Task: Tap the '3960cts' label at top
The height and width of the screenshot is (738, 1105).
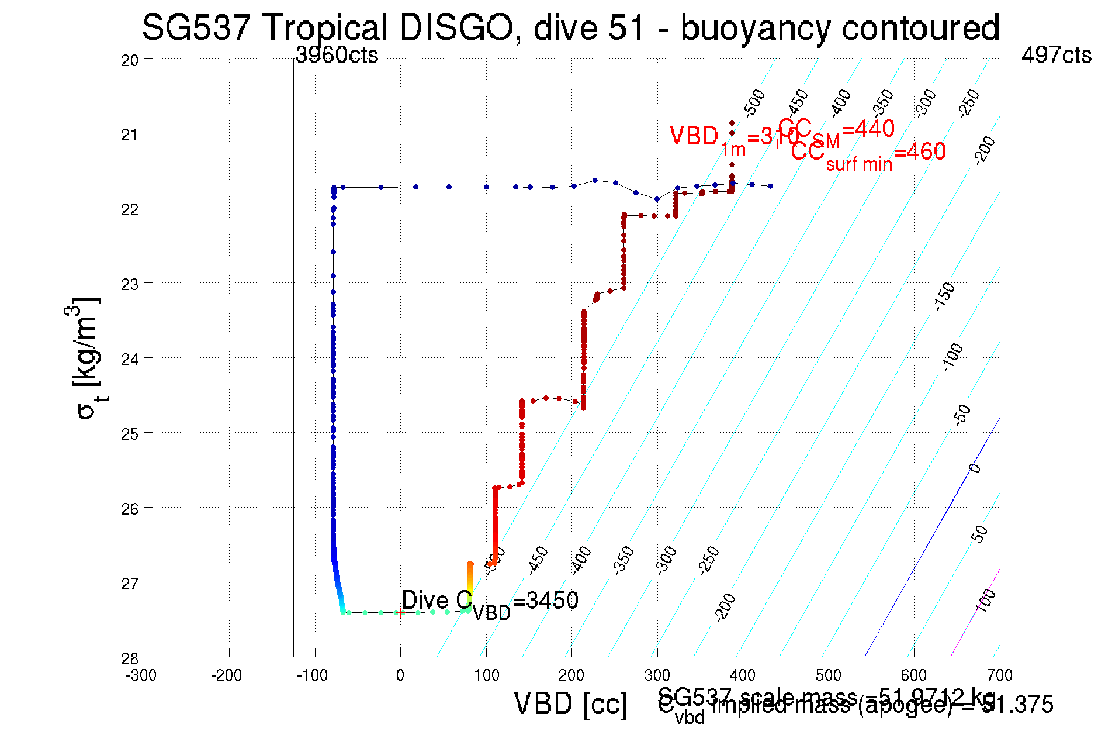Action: (337, 55)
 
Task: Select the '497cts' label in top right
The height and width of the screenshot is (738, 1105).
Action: (1056, 55)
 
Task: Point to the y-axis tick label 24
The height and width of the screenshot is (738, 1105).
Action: (130, 358)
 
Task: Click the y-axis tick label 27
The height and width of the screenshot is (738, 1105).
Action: (130, 583)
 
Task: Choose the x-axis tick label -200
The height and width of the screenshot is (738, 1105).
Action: (226, 675)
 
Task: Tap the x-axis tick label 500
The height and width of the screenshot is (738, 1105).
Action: (828, 675)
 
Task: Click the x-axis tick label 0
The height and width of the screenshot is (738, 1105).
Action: (400, 675)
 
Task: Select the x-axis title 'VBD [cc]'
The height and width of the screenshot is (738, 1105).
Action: (570, 703)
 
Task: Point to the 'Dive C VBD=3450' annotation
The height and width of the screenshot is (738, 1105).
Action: (490, 602)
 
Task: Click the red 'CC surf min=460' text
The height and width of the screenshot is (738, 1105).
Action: (868, 153)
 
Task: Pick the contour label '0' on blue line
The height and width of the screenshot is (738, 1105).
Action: (974, 468)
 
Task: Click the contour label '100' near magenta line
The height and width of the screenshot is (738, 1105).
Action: (986, 601)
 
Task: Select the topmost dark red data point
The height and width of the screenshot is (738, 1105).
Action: (732, 123)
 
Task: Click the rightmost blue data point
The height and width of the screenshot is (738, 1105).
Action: (770, 186)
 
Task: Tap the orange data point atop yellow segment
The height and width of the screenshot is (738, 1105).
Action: (470, 564)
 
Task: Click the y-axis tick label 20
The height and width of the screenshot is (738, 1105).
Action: (130, 60)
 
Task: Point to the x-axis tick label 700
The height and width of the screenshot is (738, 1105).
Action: (999, 675)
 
